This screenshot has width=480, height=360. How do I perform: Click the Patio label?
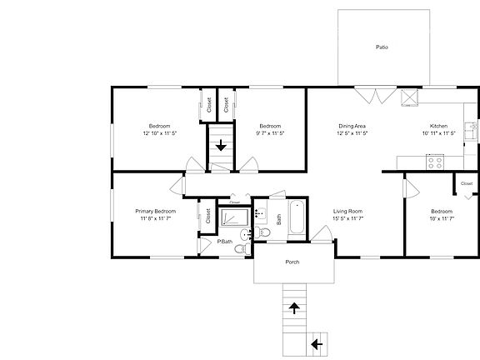382,47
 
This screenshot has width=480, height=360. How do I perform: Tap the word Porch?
292,262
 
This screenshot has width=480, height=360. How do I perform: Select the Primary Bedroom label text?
156,211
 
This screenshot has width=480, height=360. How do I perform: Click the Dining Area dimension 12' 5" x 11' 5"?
352,132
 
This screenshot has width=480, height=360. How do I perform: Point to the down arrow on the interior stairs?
221,145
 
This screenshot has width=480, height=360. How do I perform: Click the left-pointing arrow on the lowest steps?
317,342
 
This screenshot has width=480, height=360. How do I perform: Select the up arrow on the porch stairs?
293,308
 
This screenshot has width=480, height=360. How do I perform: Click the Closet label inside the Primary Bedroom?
207,215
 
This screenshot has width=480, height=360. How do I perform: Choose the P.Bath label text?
225,242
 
